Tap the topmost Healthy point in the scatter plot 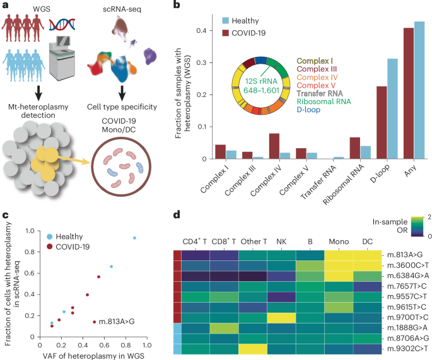(134, 238)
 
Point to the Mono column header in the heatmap (339, 241)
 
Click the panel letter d (178, 215)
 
